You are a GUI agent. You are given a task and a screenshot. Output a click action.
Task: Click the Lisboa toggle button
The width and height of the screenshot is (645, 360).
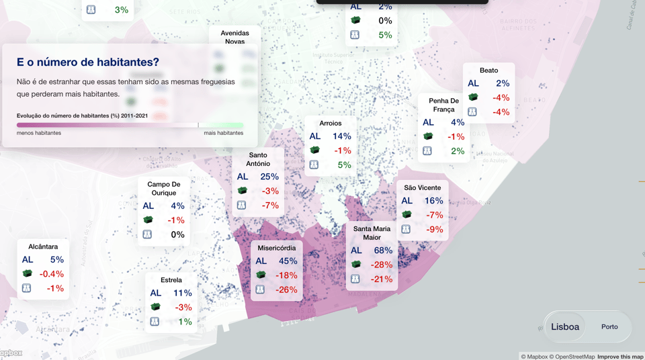(565, 327)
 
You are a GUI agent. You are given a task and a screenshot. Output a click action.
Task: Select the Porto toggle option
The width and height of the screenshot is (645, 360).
(609, 327)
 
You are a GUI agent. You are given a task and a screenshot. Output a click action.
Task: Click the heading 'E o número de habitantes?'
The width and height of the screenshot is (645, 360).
(88, 62)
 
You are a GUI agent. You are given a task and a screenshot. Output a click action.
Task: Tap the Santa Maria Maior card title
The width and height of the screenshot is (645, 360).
(372, 233)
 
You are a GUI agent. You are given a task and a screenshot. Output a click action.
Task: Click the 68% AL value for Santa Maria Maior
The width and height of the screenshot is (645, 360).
(383, 251)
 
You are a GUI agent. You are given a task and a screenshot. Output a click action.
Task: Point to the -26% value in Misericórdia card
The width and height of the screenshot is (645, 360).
(286, 289)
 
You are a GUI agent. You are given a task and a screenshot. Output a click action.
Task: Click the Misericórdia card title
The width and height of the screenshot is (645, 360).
(276, 248)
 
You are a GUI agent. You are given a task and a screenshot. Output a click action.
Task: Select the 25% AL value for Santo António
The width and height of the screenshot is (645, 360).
(269, 177)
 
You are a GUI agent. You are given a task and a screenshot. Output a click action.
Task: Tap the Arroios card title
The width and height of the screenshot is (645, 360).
(331, 124)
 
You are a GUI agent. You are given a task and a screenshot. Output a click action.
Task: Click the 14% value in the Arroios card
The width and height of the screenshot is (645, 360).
(342, 136)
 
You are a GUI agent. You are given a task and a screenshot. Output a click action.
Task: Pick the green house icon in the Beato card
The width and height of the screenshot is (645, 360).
(473, 97)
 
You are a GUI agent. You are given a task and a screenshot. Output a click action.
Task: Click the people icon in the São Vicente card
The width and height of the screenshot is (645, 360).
(406, 229)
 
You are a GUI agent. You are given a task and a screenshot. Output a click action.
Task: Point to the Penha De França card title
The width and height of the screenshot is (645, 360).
(443, 105)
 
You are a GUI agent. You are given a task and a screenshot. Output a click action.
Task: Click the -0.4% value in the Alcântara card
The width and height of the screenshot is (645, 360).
(51, 274)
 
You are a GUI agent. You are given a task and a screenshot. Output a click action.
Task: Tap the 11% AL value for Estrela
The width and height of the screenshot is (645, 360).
(182, 293)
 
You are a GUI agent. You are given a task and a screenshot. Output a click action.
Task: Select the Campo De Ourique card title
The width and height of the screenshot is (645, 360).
(164, 188)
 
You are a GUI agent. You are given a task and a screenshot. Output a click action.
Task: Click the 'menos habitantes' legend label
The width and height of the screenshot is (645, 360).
(39, 133)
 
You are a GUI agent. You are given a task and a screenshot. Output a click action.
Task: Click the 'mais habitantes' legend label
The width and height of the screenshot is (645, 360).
(224, 133)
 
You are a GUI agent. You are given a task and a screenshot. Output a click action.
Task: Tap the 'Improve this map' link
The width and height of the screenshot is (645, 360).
(620, 357)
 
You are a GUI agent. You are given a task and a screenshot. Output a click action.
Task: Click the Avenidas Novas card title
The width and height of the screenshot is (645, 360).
(234, 37)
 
